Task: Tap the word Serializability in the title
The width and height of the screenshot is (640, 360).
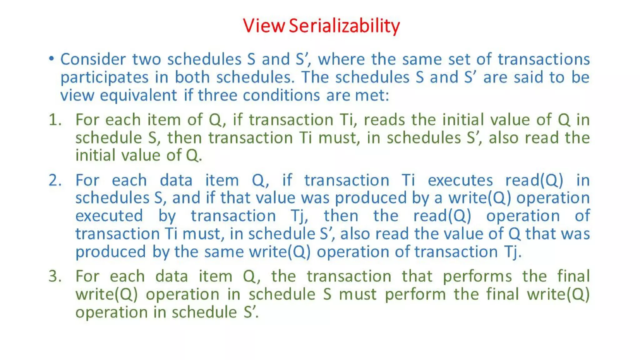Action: pos(344,26)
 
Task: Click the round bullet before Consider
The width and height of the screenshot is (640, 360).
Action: pos(52,58)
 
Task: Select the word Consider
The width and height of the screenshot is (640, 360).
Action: pos(93,59)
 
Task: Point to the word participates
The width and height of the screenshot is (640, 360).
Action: pos(104,78)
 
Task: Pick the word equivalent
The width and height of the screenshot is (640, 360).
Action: pos(138,96)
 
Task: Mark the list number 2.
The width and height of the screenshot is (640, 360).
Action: pos(55,180)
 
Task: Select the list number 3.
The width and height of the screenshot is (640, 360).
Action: pos(55,276)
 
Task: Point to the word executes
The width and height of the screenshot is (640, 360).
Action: pos(460,180)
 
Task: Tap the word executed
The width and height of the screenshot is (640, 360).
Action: pos(109,216)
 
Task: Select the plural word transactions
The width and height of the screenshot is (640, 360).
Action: pos(543,59)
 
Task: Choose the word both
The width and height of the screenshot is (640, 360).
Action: pos(192,77)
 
